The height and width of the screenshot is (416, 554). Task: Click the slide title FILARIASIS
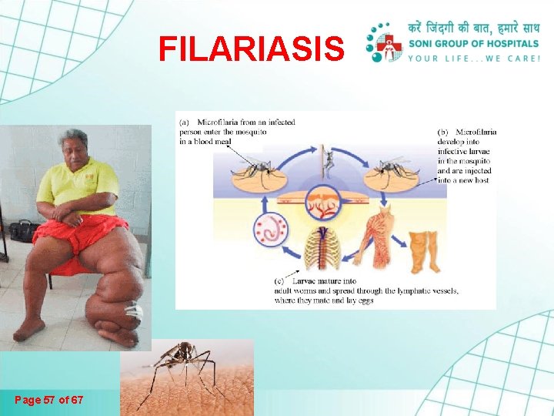click(x=251, y=49)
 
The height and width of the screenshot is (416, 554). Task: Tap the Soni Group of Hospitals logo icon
click(x=385, y=42)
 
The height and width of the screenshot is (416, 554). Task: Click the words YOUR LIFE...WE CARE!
click(x=475, y=59)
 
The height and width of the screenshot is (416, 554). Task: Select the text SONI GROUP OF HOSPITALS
click(x=474, y=44)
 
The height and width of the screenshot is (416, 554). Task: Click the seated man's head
click(x=73, y=146)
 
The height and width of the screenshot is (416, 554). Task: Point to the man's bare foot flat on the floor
click(x=29, y=329)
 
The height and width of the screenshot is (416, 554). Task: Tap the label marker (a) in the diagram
click(x=185, y=122)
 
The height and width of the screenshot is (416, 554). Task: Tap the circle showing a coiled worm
click(x=270, y=232)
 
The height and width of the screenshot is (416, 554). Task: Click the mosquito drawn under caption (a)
click(x=255, y=166)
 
